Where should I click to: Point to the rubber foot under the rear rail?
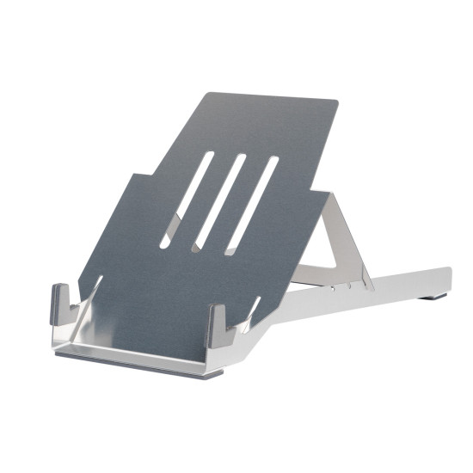tap(432, 298)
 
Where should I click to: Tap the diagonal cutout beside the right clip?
tap(250, 314)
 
